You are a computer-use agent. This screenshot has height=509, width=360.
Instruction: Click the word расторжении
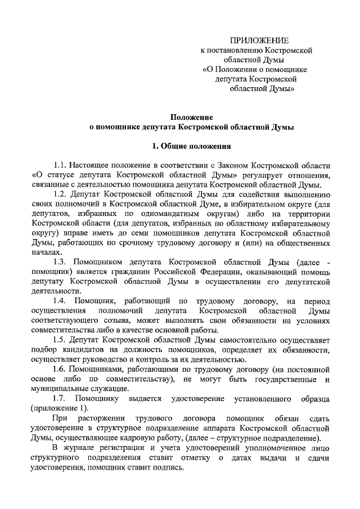(x=105, y=418)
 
